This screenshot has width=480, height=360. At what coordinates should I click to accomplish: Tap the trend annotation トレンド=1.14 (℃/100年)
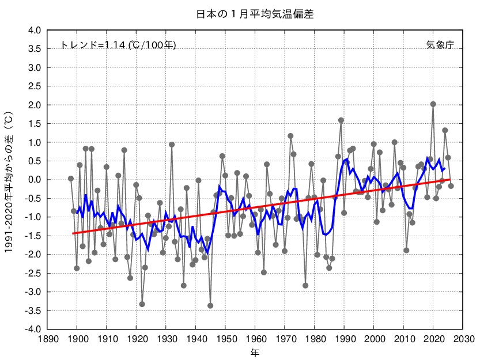pos(118,45)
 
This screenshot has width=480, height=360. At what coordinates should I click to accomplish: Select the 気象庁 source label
pos(440,45)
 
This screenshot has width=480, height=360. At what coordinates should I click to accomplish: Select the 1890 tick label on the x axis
pos(47,339)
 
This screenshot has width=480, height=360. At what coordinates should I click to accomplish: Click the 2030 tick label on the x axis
pos(463,339)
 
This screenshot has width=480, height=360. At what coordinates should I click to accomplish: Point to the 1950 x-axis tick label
pos(225,339)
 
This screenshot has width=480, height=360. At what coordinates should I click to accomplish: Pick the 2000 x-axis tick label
pos(374,339)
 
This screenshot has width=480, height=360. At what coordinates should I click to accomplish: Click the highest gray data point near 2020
pos(433,104)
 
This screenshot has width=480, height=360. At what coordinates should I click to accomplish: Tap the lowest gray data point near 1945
pos(210,306)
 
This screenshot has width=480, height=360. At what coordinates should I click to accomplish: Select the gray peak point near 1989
pos(341,120)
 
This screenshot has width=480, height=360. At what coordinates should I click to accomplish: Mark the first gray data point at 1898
pos(71,179)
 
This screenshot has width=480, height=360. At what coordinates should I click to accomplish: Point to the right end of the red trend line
pos(450,180)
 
